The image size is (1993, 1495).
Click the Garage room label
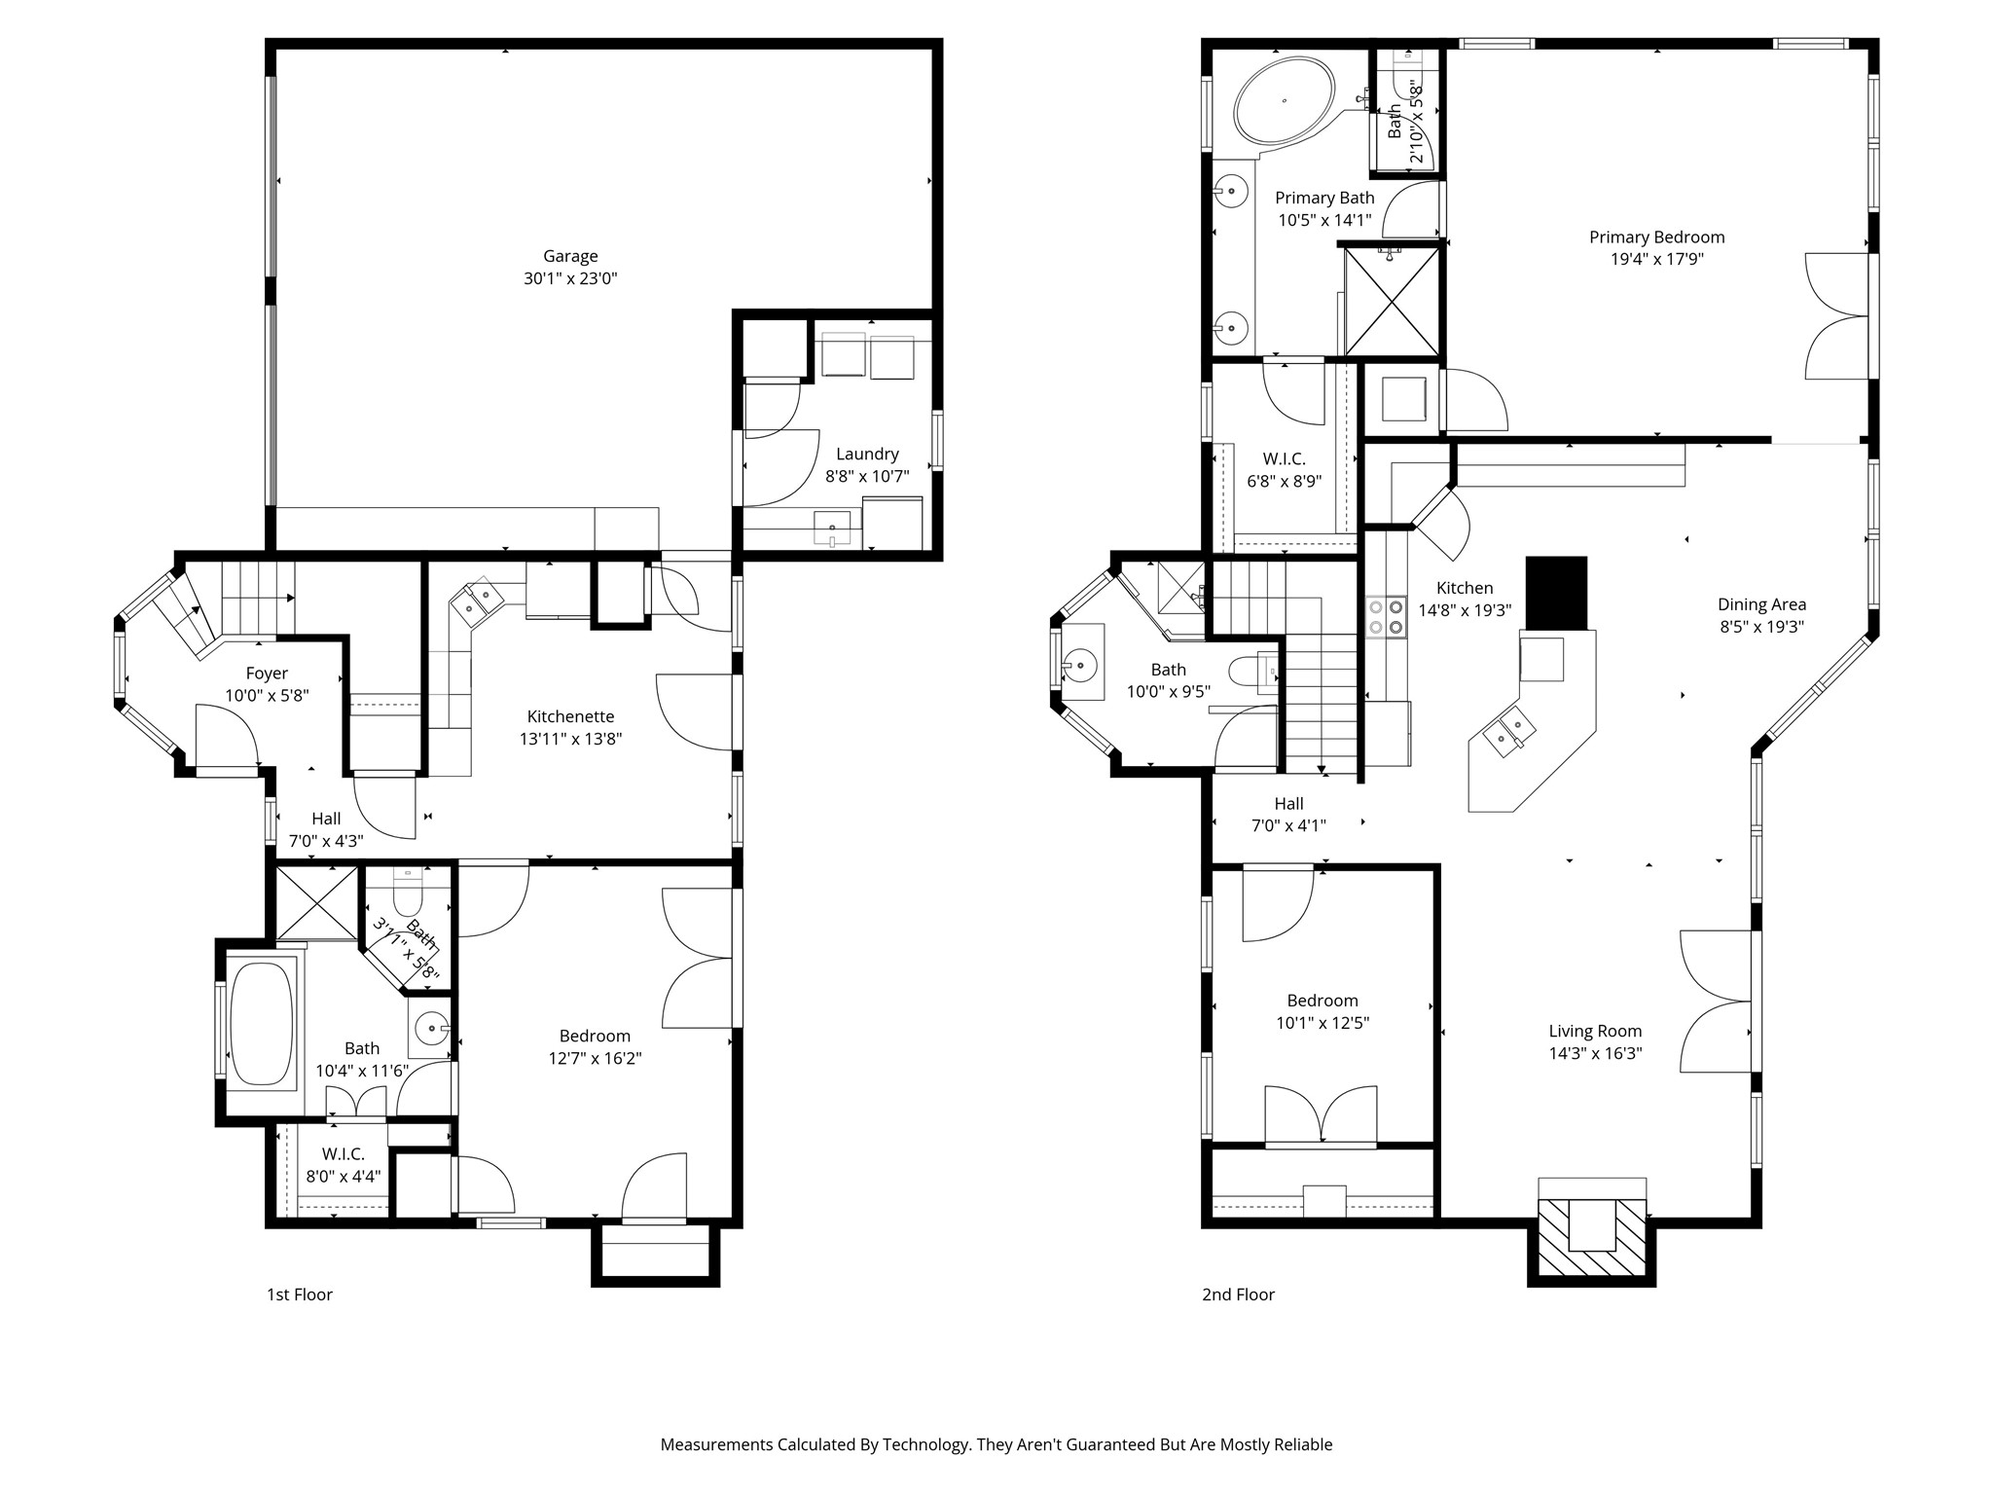click(570, 256)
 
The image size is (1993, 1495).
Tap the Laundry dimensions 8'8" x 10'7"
click(867, 477)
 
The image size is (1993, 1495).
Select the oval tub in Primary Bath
click(1285, 101)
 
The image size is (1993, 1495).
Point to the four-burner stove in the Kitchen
click(1387, 617)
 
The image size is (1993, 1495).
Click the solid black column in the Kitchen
click(1556, 593)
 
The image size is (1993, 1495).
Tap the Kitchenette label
click(570, 716)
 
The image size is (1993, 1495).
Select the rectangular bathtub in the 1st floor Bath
click(262, 1024)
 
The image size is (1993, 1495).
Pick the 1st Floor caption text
click(300, 1294)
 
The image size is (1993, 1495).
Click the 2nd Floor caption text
click(1238, 1294)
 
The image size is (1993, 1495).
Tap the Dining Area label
click(1761, 604)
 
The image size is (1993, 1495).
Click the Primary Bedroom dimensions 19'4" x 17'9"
click(1656, 260)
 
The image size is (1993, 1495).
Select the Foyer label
click(267, 674)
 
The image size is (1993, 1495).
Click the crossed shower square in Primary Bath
click(1392, 301)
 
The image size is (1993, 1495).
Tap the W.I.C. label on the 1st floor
click(343, 1154)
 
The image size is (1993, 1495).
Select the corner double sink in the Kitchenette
click(477, 600)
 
